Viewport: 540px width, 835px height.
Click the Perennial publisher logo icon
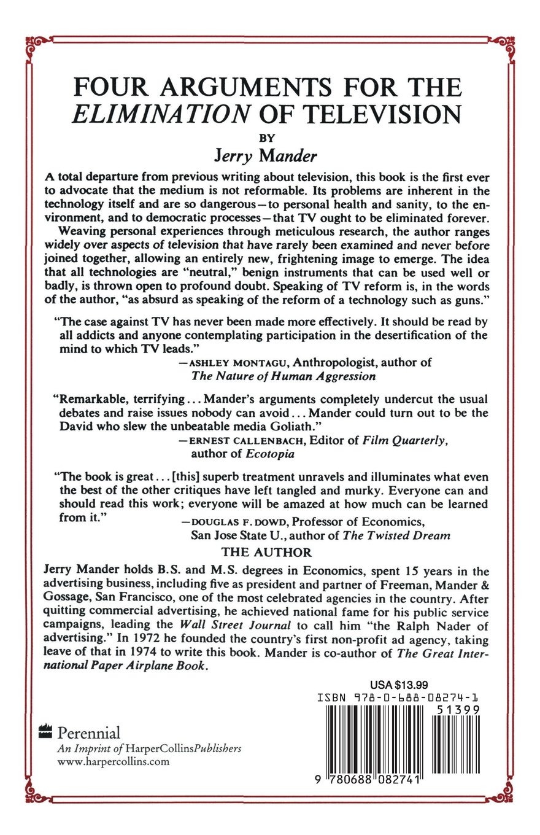pos(45,731)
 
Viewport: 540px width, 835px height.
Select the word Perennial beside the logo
pos(88,732)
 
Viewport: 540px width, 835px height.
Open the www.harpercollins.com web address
pos(112,762)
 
